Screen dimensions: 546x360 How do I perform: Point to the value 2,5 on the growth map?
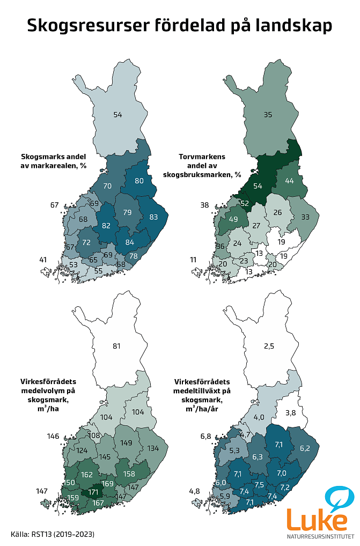(269, 346)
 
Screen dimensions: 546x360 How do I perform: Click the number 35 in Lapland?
(269, 114)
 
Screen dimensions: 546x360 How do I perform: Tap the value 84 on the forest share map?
(129, 242)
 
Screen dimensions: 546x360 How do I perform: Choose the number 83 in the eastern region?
(154, 217)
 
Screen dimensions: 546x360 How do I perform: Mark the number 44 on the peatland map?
(290, 181)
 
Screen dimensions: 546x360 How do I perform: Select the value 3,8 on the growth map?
(291, 412)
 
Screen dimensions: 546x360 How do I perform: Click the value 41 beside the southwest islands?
(43, 260)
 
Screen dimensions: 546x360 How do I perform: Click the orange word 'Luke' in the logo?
(317, 521)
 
